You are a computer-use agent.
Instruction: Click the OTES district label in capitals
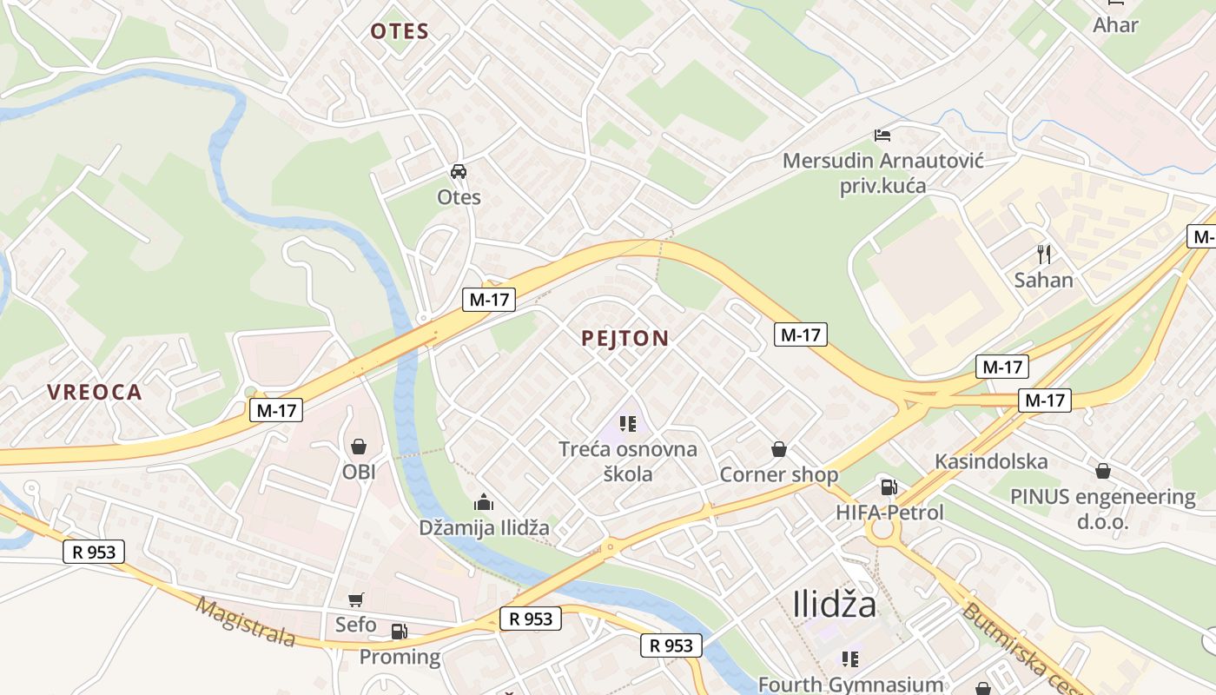pyautogui.click(x=400, y=32)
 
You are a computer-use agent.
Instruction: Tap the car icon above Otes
pyautogui.click(x=459, y=171)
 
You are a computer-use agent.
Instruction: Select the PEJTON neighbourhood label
pyautogui.click(x=625, y=339)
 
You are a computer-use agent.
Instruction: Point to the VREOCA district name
pyautogui.click(x=95, y=392)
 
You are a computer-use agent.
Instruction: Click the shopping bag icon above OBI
pyautogui.click(x=358, y=447)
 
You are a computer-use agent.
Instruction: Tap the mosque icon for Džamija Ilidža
pyautogui.click(x=483, y=502)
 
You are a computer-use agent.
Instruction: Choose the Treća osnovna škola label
pyautogui.click(x=628, y=461)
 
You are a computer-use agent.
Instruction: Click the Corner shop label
pyautogui.click(x=779, y=474)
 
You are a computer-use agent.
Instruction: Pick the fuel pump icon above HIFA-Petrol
pyautogui.click(x=888, y=487)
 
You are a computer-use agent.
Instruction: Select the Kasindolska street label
pyautogui.click(x=991, y=461)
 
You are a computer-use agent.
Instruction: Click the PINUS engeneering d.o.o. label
pyautogui.click(x=1102, y=509)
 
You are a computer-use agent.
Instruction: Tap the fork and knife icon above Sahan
pyautogui.click(x=1044, y=255)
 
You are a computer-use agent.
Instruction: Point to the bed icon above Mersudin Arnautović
pyautogui.click(x=882, y=136)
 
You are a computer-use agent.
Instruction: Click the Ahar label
pyautogui.click(x=1115, y=24)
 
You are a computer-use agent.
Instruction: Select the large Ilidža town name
pyautogui.click(x=835, y=605)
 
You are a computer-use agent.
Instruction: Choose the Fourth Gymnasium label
pyautogui.click(x=850, y=685)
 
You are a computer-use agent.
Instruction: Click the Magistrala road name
pyautogui.click(x=245, y=621)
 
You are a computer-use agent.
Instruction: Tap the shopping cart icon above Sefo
pyautogui.click(x=355, y=599)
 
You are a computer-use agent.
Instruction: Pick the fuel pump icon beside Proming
pyautogui.click(x=399, y=632)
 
